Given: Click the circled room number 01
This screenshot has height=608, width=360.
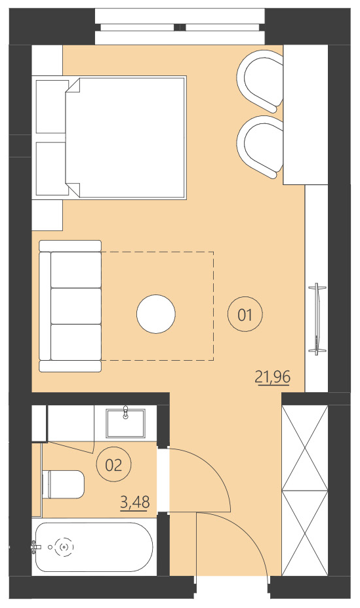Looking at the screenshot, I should pyautogui.click(x=245, y=315).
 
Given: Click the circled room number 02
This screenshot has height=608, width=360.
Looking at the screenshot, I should pyautogui.click(x=114, y=465).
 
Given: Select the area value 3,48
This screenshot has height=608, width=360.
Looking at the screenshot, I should pyautogui.click(x=135, y=502).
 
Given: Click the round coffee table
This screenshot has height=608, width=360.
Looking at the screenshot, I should pyautogui.click(x=156, y=314).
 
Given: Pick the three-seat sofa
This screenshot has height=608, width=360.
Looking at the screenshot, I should pyautogui.click(x=71, y=306).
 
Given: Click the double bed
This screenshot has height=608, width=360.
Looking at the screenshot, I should pyautogui.click(x=128, y=137).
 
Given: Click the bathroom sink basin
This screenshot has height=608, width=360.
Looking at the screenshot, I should pyautogui.click(x=127, y=422).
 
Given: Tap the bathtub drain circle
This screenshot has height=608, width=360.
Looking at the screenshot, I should pyautogui.click(x=64, y=546).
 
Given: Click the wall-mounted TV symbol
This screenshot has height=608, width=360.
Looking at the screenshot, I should pyautogui.click(x=318, y=319).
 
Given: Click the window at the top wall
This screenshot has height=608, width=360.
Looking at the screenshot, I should pyautogui.click(x=180, y=27).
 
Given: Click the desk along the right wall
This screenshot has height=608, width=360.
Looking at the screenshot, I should pyautogui.click(x=305, y=115).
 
